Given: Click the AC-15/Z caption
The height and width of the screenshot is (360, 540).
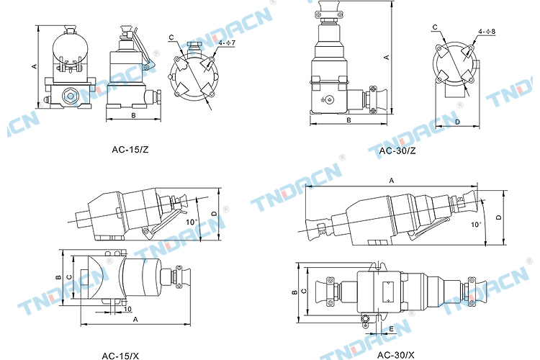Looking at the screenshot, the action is (130, 150).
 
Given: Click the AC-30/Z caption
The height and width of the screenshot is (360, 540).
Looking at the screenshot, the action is (397, 150).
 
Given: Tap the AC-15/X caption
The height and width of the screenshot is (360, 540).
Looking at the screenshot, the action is (120, 356).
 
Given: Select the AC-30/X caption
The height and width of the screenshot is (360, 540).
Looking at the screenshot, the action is (396, 355).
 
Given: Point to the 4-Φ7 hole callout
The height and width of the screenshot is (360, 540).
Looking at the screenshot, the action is (227, 42).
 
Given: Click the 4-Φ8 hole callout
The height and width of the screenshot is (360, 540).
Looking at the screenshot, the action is (487, 32).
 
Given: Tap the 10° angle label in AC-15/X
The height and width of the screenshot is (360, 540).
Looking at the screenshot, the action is (192, 222).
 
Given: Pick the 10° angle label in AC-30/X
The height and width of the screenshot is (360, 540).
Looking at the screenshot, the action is (477, 225).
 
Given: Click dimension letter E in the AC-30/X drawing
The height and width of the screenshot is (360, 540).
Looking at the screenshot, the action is (391, 329).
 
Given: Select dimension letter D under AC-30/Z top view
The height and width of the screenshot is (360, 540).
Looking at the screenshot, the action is (457, 122).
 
